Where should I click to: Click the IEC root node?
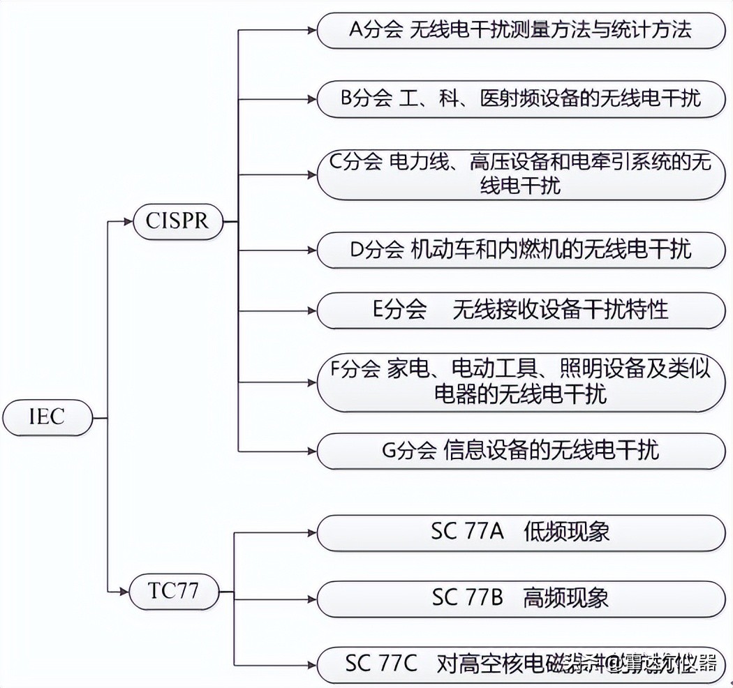point(47,417)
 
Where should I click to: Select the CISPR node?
point(178,220)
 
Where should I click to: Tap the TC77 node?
point(174,592)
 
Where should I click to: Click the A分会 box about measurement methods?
point(520,31)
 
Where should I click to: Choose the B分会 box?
point(520,98)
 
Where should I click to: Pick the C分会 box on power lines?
point(520,174)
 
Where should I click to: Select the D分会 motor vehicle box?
point(520,249)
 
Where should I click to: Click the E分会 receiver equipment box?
point(520,310)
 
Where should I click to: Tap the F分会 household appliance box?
point(520,382)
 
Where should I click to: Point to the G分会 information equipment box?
point(520,450)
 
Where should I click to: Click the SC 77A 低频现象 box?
point(520,532)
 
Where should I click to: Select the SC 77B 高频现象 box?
point(520,598)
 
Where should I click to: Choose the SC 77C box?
point(520,663)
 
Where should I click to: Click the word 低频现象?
point(566,532)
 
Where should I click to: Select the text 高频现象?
point(566,598)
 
